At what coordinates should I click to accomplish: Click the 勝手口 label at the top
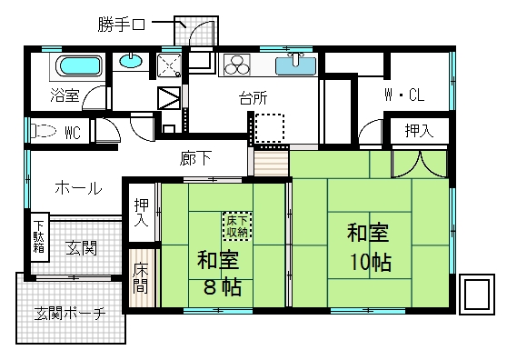click(x=124, y=25)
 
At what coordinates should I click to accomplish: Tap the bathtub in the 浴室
click(x=76, y=66)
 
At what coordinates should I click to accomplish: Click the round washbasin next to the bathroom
click(x=131, y=63)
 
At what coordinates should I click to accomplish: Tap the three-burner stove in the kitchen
click(x=238, y=65)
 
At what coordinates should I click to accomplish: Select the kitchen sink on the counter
click(x=296, y=65)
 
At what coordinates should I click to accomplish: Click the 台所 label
click(x=253, y=98)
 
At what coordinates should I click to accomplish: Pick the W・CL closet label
click(x=403, y=94)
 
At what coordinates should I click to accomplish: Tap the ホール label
click(x=78, y=188)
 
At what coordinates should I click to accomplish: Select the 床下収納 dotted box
click(x=237, y=225)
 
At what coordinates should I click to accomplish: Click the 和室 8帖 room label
click(x=218, y=276)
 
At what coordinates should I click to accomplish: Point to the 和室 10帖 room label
click(x=368, y=247)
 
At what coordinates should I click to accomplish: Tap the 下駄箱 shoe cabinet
click(x=39, y=238)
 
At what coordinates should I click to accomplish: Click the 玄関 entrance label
click(x=83, y=246)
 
